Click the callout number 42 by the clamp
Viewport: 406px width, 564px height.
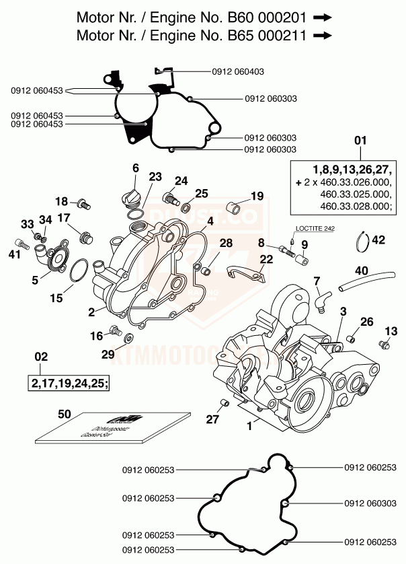(379, 240)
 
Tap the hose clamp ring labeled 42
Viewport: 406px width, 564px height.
(363, 236)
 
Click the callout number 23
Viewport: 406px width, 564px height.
(155, 177)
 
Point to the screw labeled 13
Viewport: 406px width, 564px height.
(384, 345)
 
